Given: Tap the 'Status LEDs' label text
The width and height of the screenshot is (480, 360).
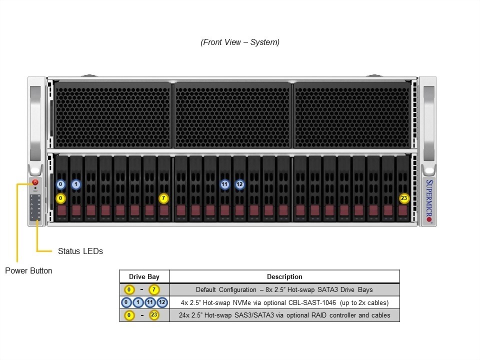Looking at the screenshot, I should coord(80,251).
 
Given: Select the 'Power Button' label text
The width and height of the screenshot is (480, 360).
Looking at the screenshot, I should coord(28,270).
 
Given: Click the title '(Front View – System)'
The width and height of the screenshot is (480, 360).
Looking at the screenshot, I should coord(240,42).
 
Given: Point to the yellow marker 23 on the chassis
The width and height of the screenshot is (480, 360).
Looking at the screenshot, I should coord(404,198).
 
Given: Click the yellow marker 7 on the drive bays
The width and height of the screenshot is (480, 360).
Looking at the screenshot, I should coord(163,198).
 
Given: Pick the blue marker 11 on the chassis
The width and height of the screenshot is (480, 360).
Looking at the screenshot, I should coord(224,184).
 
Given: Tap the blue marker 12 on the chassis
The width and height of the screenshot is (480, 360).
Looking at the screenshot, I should coord(239,184).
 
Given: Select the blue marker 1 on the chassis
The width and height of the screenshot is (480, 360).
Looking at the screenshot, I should coord(75,184).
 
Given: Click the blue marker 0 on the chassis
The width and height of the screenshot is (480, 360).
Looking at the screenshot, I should coord(60,184).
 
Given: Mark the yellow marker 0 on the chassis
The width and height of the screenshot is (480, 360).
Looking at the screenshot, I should coord(60,198).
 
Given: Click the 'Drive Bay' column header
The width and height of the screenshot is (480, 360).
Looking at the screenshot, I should coord(144,276).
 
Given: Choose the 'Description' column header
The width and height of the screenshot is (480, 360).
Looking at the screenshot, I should coord(284,276).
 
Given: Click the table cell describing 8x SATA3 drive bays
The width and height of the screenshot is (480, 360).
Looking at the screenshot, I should coord(284,289).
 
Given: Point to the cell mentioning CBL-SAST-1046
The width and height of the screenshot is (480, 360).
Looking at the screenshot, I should coord(284,302).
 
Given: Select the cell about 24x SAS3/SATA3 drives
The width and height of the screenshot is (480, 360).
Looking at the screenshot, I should coord(284,315).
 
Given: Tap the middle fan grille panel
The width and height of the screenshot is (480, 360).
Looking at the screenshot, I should coord(233,115).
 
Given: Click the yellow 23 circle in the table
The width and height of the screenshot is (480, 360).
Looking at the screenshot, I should coord(154,315).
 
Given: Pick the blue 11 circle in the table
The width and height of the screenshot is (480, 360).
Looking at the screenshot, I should coord(150,302).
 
